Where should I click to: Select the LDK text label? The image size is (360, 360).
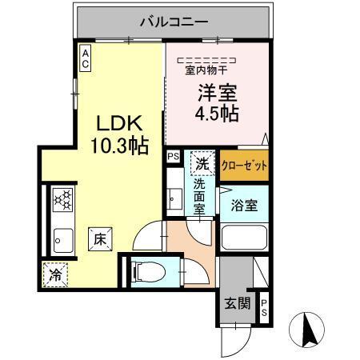coord(120,124)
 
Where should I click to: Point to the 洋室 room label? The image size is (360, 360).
coord(215,92)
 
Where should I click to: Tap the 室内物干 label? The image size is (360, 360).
coord(206,70)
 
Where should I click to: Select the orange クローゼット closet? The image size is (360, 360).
coord(244,166)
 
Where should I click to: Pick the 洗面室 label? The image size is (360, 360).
coord(200,196)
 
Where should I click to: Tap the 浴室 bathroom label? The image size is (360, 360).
coord(245,205)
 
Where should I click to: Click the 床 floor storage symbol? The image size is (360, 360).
coord(100,238)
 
